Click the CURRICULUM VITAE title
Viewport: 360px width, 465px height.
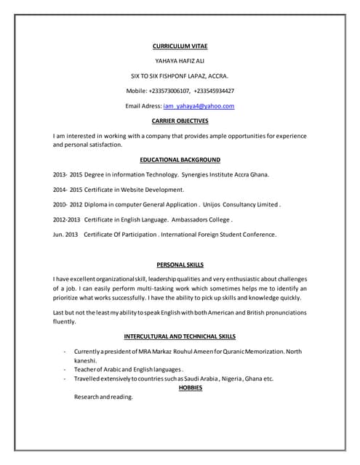[x=180, y=45]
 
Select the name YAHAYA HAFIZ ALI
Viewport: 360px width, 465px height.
[x=180, y=60]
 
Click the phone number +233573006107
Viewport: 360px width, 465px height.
[x=169, y=91]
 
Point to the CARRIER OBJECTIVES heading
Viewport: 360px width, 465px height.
[x=180, y=121]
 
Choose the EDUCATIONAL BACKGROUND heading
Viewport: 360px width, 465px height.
[x=180, y=159]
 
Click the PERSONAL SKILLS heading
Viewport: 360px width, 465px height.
[x=180, y=264]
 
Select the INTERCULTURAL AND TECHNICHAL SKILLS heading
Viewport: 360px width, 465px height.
[x=180, y=337]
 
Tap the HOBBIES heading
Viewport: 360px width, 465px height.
[x=190, y=388]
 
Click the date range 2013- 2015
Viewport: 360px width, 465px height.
[x=68, y=175]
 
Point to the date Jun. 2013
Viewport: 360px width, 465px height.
[x=65, y=235]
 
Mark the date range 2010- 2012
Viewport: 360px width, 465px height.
[x=68, y=205]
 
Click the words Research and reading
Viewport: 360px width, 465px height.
[x=104, y=397]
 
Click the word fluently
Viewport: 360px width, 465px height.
[x=65, y=321]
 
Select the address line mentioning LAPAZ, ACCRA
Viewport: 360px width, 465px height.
[x=180, y=76]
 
